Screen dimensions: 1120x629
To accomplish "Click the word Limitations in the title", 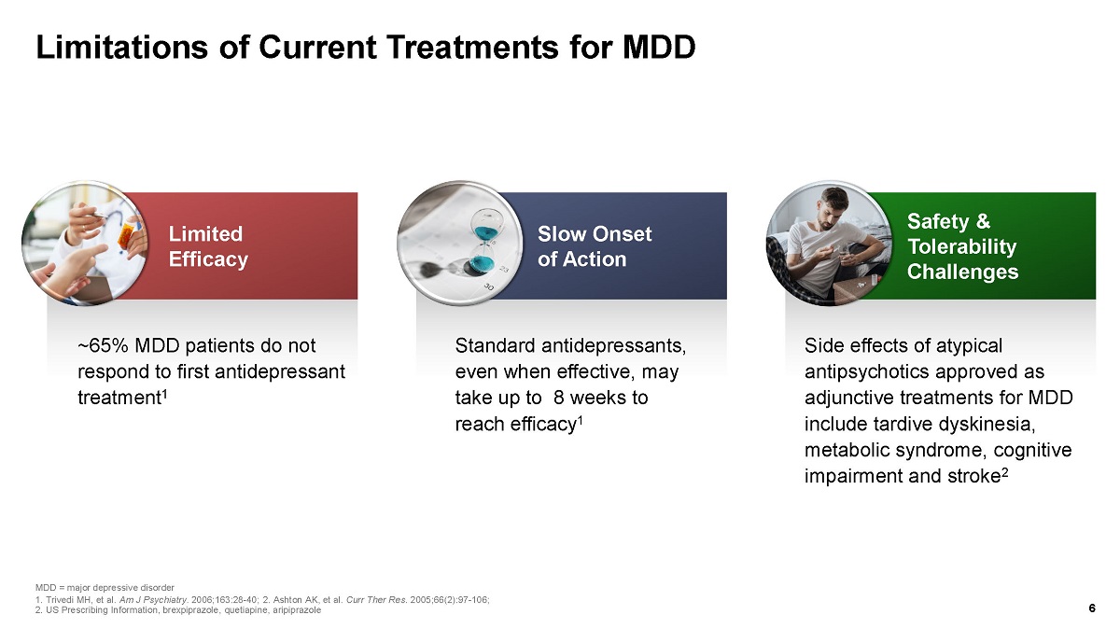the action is (121, 48).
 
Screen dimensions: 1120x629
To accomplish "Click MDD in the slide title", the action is (659, 48).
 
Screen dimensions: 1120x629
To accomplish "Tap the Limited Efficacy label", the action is (208, 246).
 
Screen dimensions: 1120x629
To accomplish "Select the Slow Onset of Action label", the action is (595, 246).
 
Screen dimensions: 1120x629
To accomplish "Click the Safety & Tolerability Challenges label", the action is (962, 246).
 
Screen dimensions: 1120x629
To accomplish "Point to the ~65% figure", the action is (104, 345).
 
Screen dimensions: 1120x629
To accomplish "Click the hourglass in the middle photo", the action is (484, 244).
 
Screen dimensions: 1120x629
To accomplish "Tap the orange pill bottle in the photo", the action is (127, 236).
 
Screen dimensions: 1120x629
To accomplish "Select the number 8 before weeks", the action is (558, 398).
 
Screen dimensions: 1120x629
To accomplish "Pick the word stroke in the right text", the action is (972, 476).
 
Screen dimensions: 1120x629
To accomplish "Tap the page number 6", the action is (1092, 608).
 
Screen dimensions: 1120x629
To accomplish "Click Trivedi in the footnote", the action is (59, 600).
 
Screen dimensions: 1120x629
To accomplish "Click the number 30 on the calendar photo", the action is (488, 287).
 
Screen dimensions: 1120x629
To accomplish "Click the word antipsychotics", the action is (864, 372).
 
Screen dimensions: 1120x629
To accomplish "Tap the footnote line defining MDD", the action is (105, 588).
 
